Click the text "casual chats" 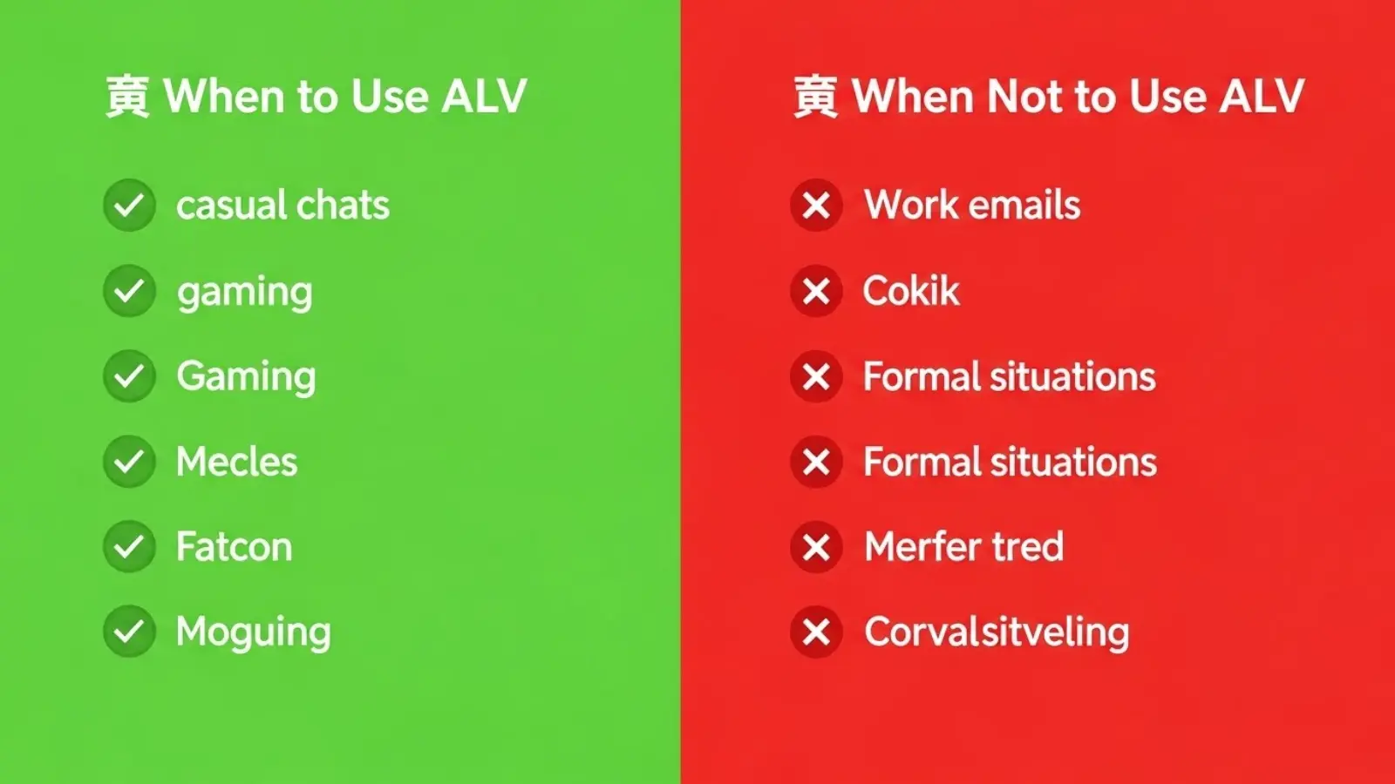click(x=282, y=206)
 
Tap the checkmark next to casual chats click(x=129, y=206)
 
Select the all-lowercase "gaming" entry click(x=244, y=293)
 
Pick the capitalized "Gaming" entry click(x=246, y=377)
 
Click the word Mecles click(x=236, y=462)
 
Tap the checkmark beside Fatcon click(x=129, y=547)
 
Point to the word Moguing click(x=253, y=632)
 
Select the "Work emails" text click(x=972, y=206)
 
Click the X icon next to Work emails click(x=816, y=206)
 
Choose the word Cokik click(x=911, y=291)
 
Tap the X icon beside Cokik click(x=816, y=291)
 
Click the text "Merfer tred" click(x=963, y=547)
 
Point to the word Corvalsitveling click(x=997, y=632)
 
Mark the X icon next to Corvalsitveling click(x=816, y=632)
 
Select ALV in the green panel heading click(x=484, y=96)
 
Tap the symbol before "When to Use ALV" click(x=127, y=96)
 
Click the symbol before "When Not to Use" click(x=815, y=96)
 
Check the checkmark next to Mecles click(x=129, y=462)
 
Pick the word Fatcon click(x=234, y=547)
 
